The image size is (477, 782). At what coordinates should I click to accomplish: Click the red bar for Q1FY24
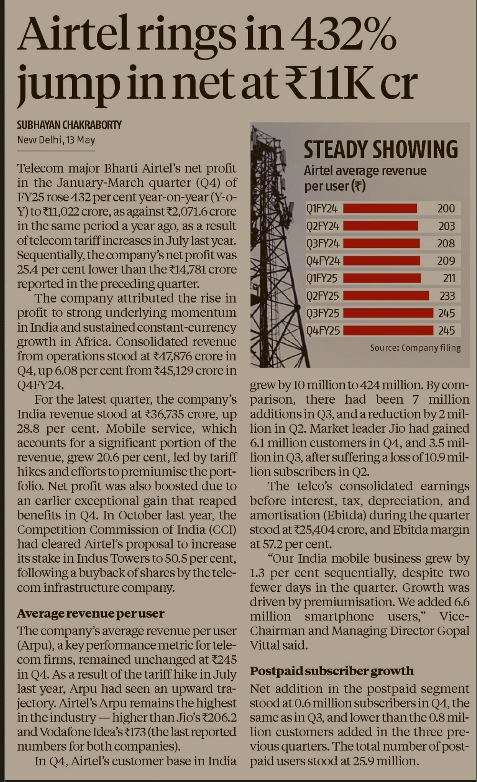pyautogui.click(x=380, y=208)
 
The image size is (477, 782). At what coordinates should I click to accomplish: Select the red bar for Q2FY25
pyautogui.click(x=386, y=296)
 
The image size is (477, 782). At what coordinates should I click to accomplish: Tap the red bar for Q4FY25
pyautogui.click(x=388, y=330)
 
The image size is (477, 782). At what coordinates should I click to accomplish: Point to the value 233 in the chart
pyautogui.click(x=447, y=296)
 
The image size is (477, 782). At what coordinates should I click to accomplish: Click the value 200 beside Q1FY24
pyautogui.click(x=446, y=208)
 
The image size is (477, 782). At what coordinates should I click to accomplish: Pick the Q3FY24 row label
pyautogui.click(x=322, y=244)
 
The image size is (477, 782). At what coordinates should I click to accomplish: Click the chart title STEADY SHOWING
pyautogui.click(x=381, y=150)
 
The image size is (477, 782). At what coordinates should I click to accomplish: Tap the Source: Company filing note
pyautogui.click(x=415, y=347)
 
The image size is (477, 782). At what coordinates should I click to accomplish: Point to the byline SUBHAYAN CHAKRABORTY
pyautogui.click(x=70, y=125)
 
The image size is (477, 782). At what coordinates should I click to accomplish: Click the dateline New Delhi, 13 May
pyautogui.click(x=56, y=140)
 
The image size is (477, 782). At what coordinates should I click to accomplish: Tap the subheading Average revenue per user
pyautogui.click(x=91, y=613)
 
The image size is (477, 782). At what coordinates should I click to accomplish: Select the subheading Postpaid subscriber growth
pyautogui.click(x=332, y=671)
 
